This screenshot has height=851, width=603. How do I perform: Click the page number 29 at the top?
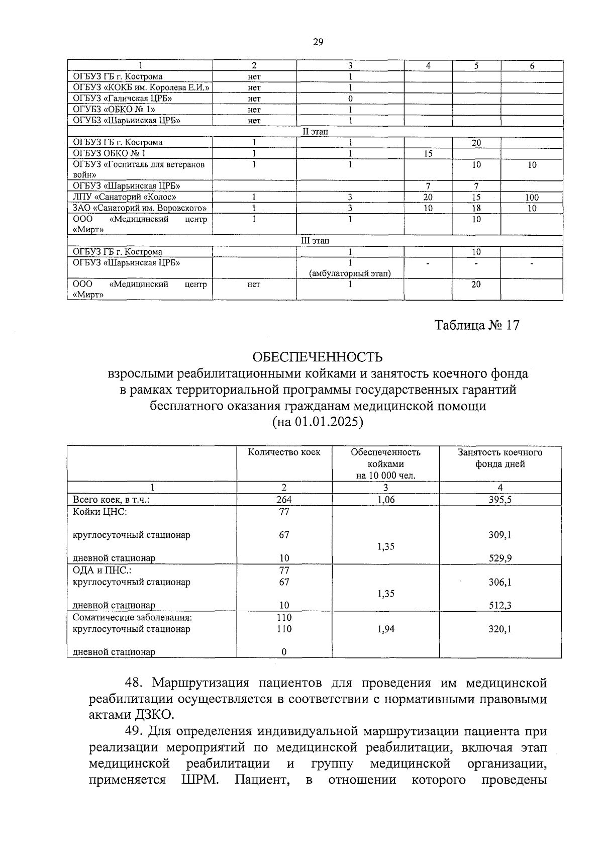[x=318, y=42]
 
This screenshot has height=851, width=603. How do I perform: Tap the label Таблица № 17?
[x=477, y=325]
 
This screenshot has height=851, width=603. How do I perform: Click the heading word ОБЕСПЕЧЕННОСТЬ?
[x=317, y=357]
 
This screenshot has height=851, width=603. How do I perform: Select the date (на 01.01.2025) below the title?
[x=317, y=422]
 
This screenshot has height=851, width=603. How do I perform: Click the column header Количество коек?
[x=284, y=452]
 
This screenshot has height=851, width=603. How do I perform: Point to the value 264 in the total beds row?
[x=284, y=500]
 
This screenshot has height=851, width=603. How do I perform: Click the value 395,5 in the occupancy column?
[x=499, y=500]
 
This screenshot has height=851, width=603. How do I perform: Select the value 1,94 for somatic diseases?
[x=385, y=629]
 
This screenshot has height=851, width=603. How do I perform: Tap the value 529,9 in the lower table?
[x=499, y=558]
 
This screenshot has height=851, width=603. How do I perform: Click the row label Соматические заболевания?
[x=132, y=617]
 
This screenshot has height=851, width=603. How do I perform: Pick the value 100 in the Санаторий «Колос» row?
[x=532, y=198]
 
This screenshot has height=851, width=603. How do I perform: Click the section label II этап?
[x=315, y=132]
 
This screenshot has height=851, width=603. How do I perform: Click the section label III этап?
[x=315, y=241]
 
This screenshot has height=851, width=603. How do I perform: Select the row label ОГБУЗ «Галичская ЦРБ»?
[x=123, y=99]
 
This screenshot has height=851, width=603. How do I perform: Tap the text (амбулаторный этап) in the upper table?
[x=350, y=273]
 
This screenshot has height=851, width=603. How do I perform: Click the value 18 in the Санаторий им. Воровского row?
[x=476, y=208]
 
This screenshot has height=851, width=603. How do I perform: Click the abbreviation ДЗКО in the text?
[x=152, y=714]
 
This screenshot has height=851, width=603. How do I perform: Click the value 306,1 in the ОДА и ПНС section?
[x=499, y=582]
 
